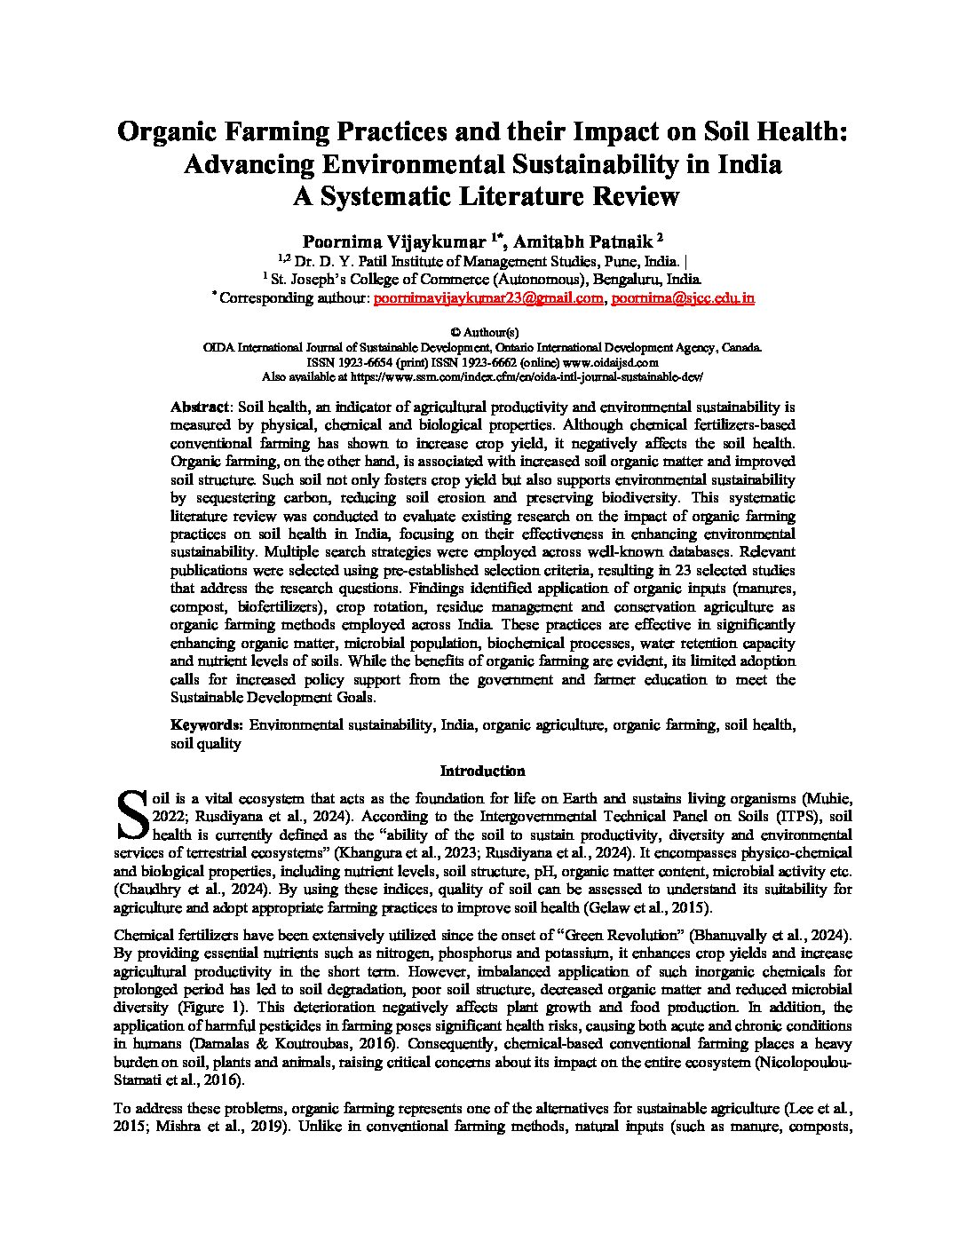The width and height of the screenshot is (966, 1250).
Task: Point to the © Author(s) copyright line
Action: point(482,331)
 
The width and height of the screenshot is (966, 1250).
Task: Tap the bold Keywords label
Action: point(207,725)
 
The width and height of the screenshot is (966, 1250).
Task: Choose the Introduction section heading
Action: point(482,771)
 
